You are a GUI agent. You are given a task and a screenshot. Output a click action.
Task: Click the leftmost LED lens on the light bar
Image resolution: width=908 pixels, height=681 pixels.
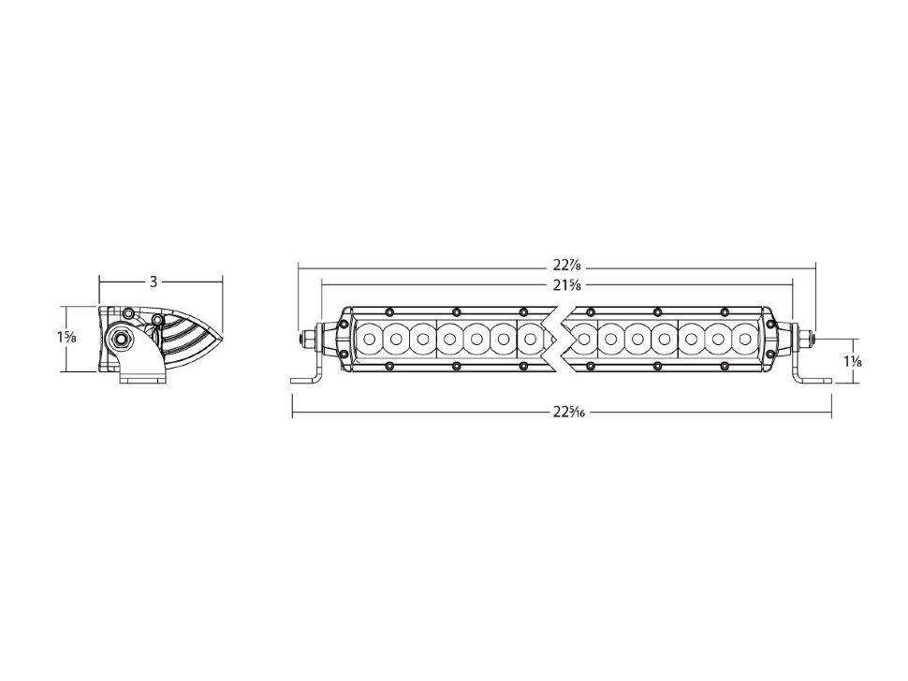(x=370, y=337)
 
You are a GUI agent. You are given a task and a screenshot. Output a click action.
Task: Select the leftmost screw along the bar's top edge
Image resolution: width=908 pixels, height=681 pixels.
(x=388, y=312)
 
